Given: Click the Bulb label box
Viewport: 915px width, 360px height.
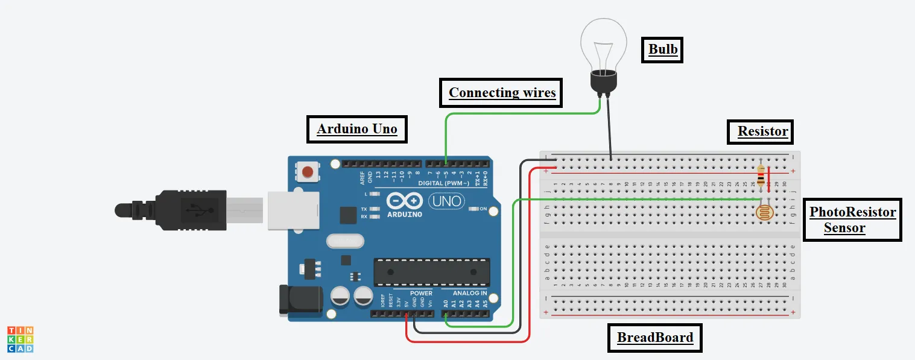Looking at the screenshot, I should tap(662, 49).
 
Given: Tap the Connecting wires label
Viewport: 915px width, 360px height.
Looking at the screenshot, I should tap(502, 93).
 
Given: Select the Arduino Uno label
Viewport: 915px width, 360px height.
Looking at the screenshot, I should tap(356, 128).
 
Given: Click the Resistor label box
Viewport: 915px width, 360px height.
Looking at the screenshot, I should tap(762, 131).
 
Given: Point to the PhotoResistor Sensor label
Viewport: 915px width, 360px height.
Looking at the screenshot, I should tap(852, 219).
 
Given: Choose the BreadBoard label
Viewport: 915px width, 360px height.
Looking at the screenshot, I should tap(654, 337).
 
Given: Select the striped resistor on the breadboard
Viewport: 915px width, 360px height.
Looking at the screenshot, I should tap(761, 175).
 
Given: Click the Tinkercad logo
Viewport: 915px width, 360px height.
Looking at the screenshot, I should tap(20, 339).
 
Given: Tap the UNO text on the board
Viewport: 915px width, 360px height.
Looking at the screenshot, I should tap(446, 201).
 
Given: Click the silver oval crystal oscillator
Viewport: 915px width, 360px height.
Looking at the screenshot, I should tap(345, 242).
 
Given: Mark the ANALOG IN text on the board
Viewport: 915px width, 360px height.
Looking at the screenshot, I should tap(469, 293).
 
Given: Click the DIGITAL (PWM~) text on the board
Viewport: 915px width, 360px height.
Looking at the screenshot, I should tap(442, 183).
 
